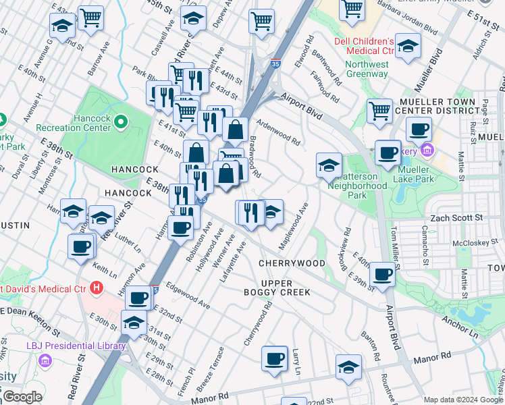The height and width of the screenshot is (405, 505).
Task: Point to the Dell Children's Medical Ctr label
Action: tap(364, 46)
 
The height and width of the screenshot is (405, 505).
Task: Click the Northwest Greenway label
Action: tap(367, 70)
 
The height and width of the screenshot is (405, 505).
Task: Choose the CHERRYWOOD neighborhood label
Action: tap(292, 263)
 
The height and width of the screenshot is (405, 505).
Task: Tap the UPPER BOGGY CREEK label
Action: tap(277, 287)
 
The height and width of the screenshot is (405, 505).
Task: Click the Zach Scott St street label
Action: tap(457, 218)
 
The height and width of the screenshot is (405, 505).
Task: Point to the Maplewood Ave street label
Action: tap(294, 218)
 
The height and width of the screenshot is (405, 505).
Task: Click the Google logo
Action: tap(22, 397)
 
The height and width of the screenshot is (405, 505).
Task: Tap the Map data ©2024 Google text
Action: tap(463, 400)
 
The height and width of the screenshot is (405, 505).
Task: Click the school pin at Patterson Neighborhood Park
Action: tap(329, 165)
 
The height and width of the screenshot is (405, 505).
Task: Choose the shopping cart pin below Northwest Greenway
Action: tap(380, 109)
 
